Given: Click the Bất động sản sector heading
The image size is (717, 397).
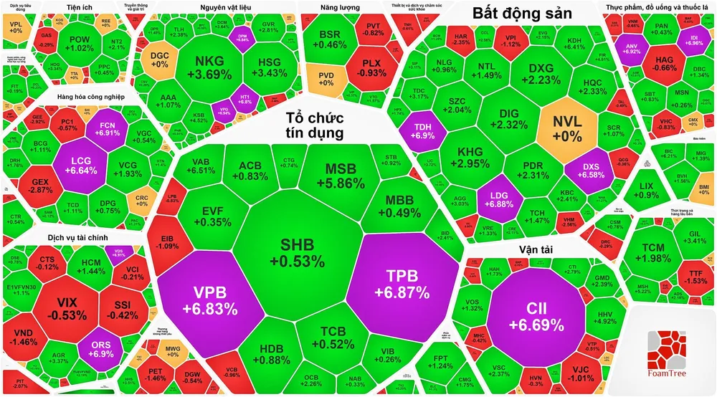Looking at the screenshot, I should pyautogui.click(x=523, y=14).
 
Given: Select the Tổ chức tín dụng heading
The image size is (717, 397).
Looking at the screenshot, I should pyautogui.click(x=314, y=125).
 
